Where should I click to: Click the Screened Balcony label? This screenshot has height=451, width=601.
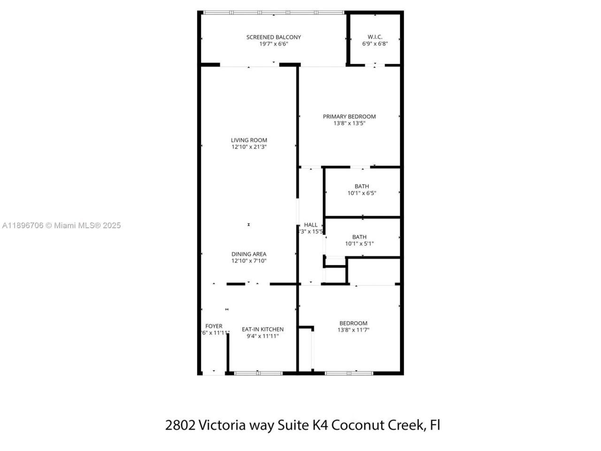tap(273, 37)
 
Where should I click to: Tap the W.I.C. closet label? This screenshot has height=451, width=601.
tap(375, 37)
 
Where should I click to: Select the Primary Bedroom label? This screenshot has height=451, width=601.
tap(349, 117)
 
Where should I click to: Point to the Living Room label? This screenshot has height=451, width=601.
tap(249, 140)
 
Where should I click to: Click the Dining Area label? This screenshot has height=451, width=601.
tap(248, 254)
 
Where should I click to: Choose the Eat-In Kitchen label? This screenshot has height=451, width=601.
tap(262, 329)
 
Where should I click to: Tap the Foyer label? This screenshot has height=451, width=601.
tap(214, 326)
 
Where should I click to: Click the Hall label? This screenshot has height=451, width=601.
tap(310, 225)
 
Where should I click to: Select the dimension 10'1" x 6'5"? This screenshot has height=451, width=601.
tap(362, 193)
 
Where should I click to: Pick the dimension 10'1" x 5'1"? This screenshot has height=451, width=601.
tap(359, 244)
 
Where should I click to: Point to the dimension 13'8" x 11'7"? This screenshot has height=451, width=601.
tap(353, 330)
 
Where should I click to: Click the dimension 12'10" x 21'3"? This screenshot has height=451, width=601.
tap(249, 147)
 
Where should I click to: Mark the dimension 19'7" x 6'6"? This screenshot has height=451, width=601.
tap(273, 44)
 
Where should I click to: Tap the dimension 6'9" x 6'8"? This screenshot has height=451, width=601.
tap(375, 44)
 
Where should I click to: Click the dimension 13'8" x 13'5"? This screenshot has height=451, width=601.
tap(349, 123)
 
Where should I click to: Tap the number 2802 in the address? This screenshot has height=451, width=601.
tap(180, 425)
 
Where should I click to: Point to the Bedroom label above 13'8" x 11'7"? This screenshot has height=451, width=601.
tap(353, 323)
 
